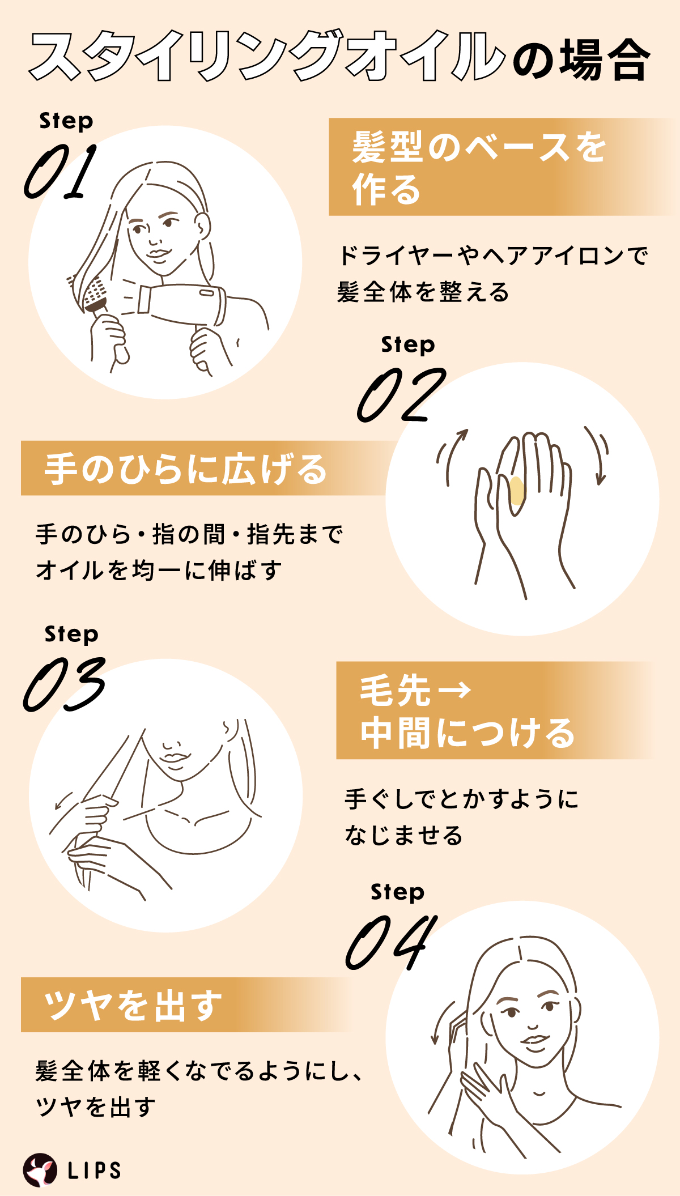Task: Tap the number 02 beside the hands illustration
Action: [x=401, y=395]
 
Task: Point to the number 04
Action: [x=391, y=942]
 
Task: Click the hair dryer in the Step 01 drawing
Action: [x=181, y=303]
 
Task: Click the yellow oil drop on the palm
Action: [x=516, y=491]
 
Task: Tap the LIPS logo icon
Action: [x=40, y=1169]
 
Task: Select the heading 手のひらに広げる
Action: [x=186, y=469]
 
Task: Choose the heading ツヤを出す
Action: [x=133, y=1006]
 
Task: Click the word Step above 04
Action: [x=397, y=892]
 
